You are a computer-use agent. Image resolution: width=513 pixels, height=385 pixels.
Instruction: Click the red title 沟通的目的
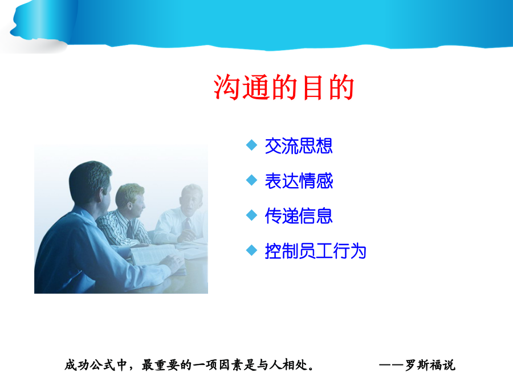284,87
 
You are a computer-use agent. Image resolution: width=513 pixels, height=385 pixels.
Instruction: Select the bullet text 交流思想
299,145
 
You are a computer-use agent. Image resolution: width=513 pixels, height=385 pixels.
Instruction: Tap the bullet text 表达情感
299,181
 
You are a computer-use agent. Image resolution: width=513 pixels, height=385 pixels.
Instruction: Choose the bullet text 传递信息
299,216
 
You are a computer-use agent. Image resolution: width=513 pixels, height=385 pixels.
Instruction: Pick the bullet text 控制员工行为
315,251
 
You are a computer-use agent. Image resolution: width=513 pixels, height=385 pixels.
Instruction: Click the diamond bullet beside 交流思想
251,145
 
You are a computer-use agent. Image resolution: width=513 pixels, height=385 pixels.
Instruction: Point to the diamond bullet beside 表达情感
251,180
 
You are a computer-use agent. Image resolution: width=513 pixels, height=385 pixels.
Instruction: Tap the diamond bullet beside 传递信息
251,215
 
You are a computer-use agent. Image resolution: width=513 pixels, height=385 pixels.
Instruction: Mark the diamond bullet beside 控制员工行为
251,250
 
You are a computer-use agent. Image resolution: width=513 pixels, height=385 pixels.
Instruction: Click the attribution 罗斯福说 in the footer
430,364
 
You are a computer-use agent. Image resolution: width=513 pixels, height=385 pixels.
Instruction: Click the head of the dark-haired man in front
90,183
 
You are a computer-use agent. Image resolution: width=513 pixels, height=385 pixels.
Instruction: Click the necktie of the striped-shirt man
129,229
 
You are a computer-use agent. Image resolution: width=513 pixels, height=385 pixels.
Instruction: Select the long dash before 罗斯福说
392,364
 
